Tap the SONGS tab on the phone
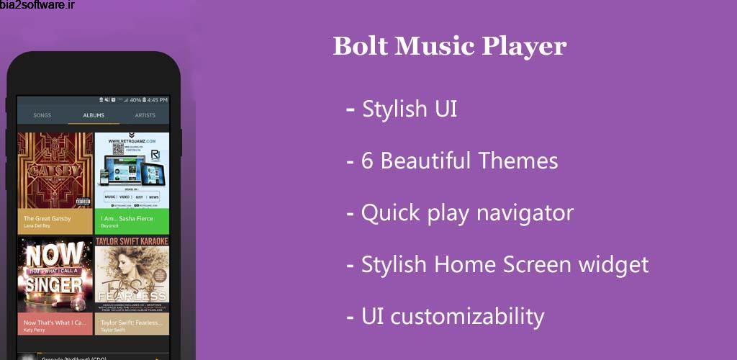pyautogui.click(x=42, y=115)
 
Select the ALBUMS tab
pyautogui.click(x=94, y=115)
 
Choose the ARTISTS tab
pyautogui.click(x=145, y=115)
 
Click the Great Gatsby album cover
pyautogui.click(x=55, y=170)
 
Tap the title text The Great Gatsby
pyautogui.click(x=48, y=218)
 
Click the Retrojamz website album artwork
pyautogui.click(x=132, y=170)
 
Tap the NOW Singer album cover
pyautogui.click(x=55, y=274)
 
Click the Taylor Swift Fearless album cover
pyautogui.click(x=132, y=274)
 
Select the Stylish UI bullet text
pyautogui.click(x=410, y=109)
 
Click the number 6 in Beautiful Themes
pyautogui.click(x=367, y=161)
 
